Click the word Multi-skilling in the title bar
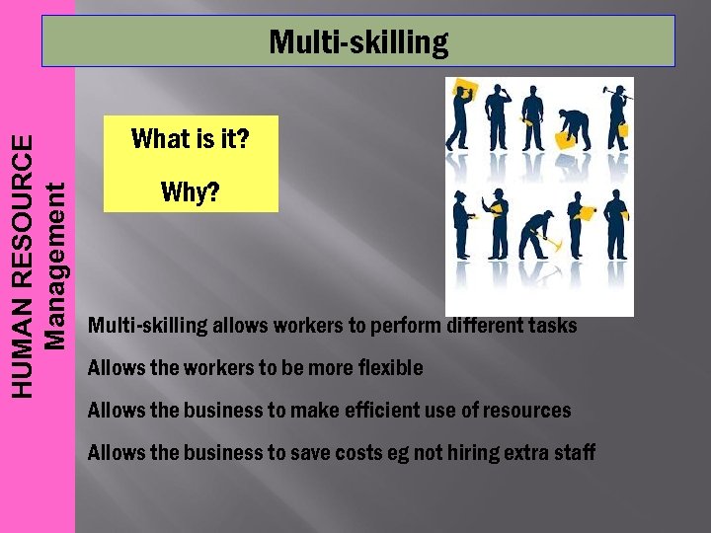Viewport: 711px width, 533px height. point(357,42)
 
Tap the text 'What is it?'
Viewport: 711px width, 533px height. point(191,139)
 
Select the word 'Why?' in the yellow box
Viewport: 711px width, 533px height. point(190,191)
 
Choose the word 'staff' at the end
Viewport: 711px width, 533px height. point(575,453)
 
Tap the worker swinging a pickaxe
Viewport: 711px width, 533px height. point(537,233)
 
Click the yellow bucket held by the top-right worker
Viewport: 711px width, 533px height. point(622,129)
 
